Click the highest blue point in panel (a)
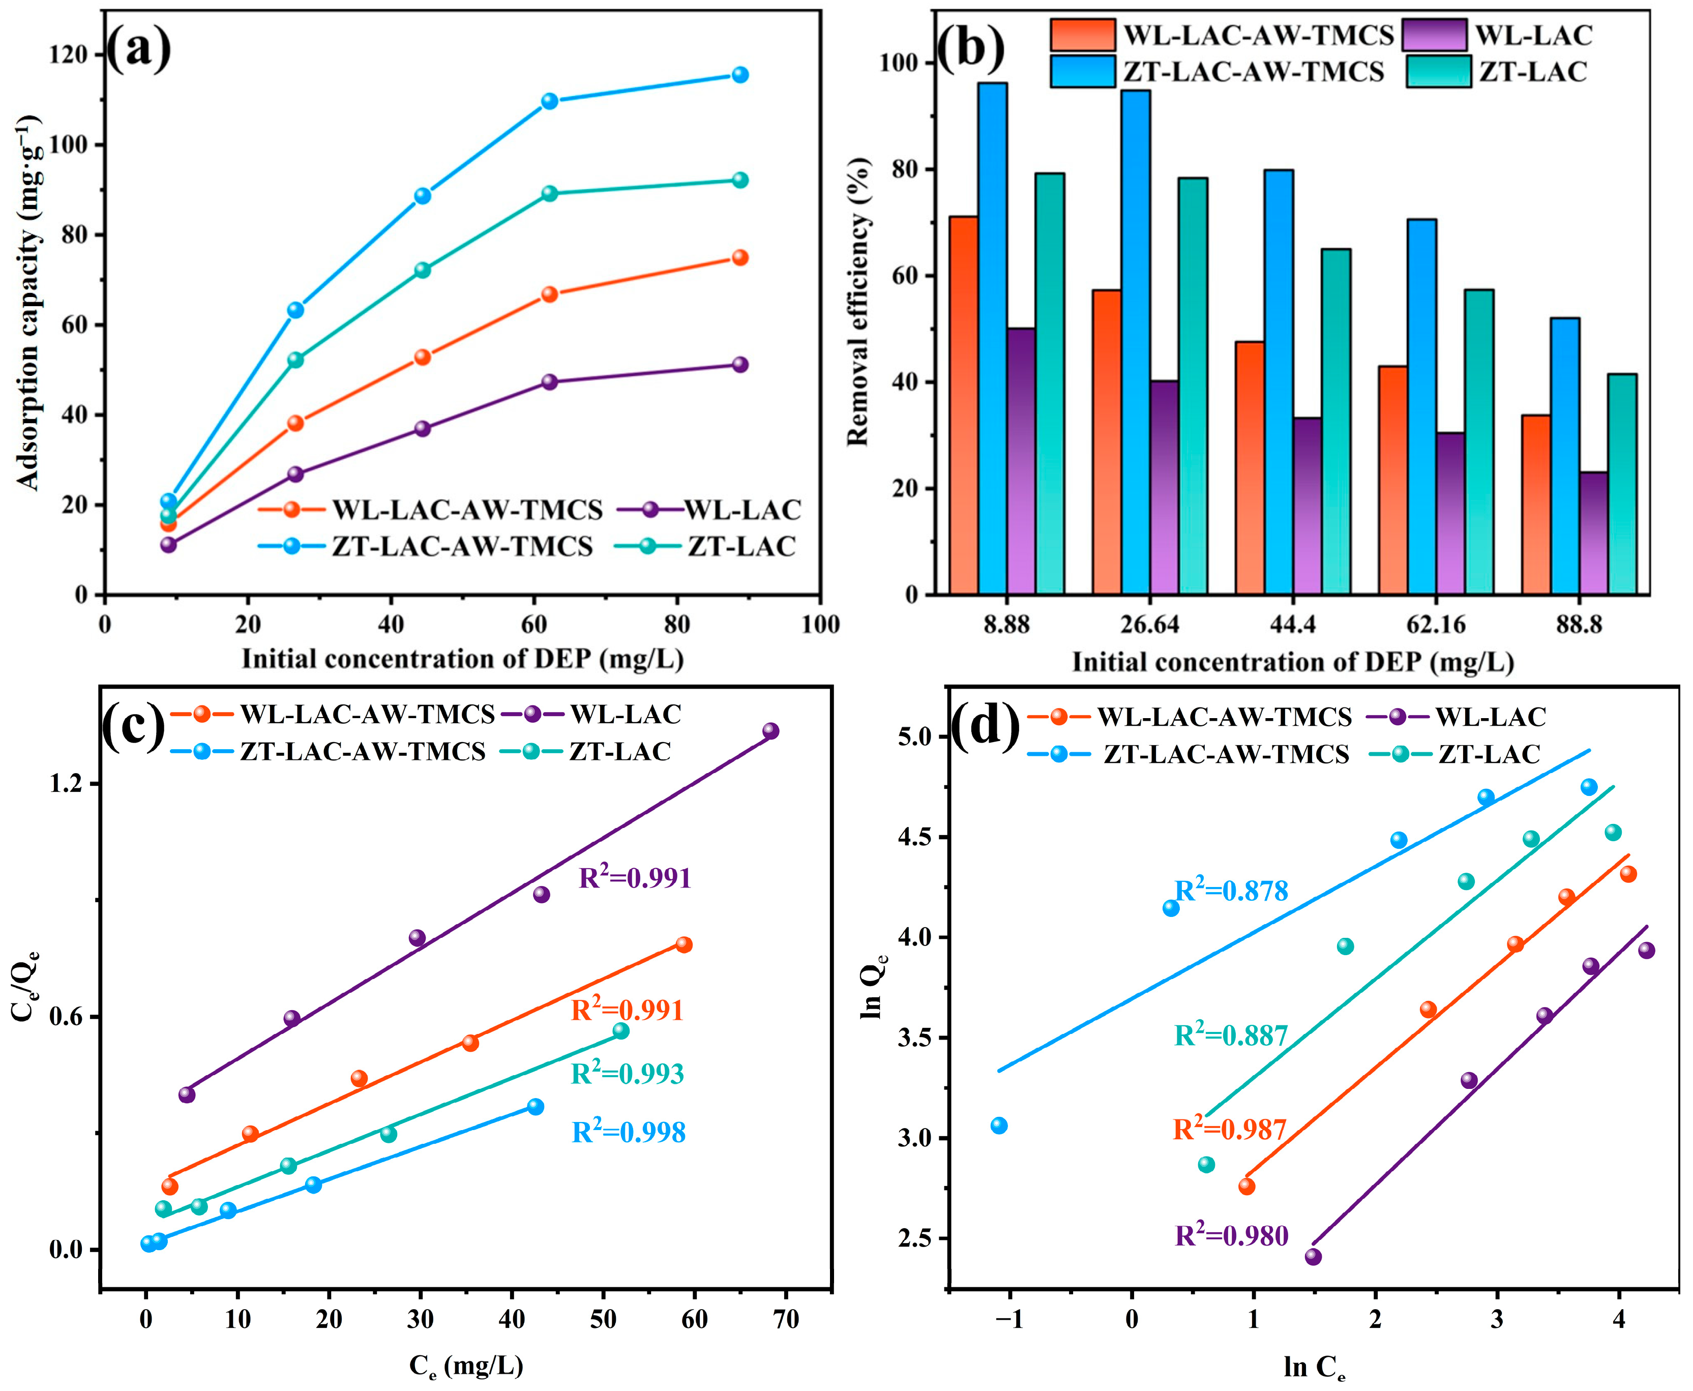[x=740, y=75]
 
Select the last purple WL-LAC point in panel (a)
[x=740, y=365]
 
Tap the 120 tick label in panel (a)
[x=69, y=54]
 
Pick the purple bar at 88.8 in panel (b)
[x=1594, y=533]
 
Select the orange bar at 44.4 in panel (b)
[x=1250, y=468]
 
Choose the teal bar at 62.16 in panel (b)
[x=1479, y=441]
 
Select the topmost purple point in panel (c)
[x=771, y=731]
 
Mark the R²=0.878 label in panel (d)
[x=1232, y=890]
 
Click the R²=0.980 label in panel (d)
[x=1232, y=1235]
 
